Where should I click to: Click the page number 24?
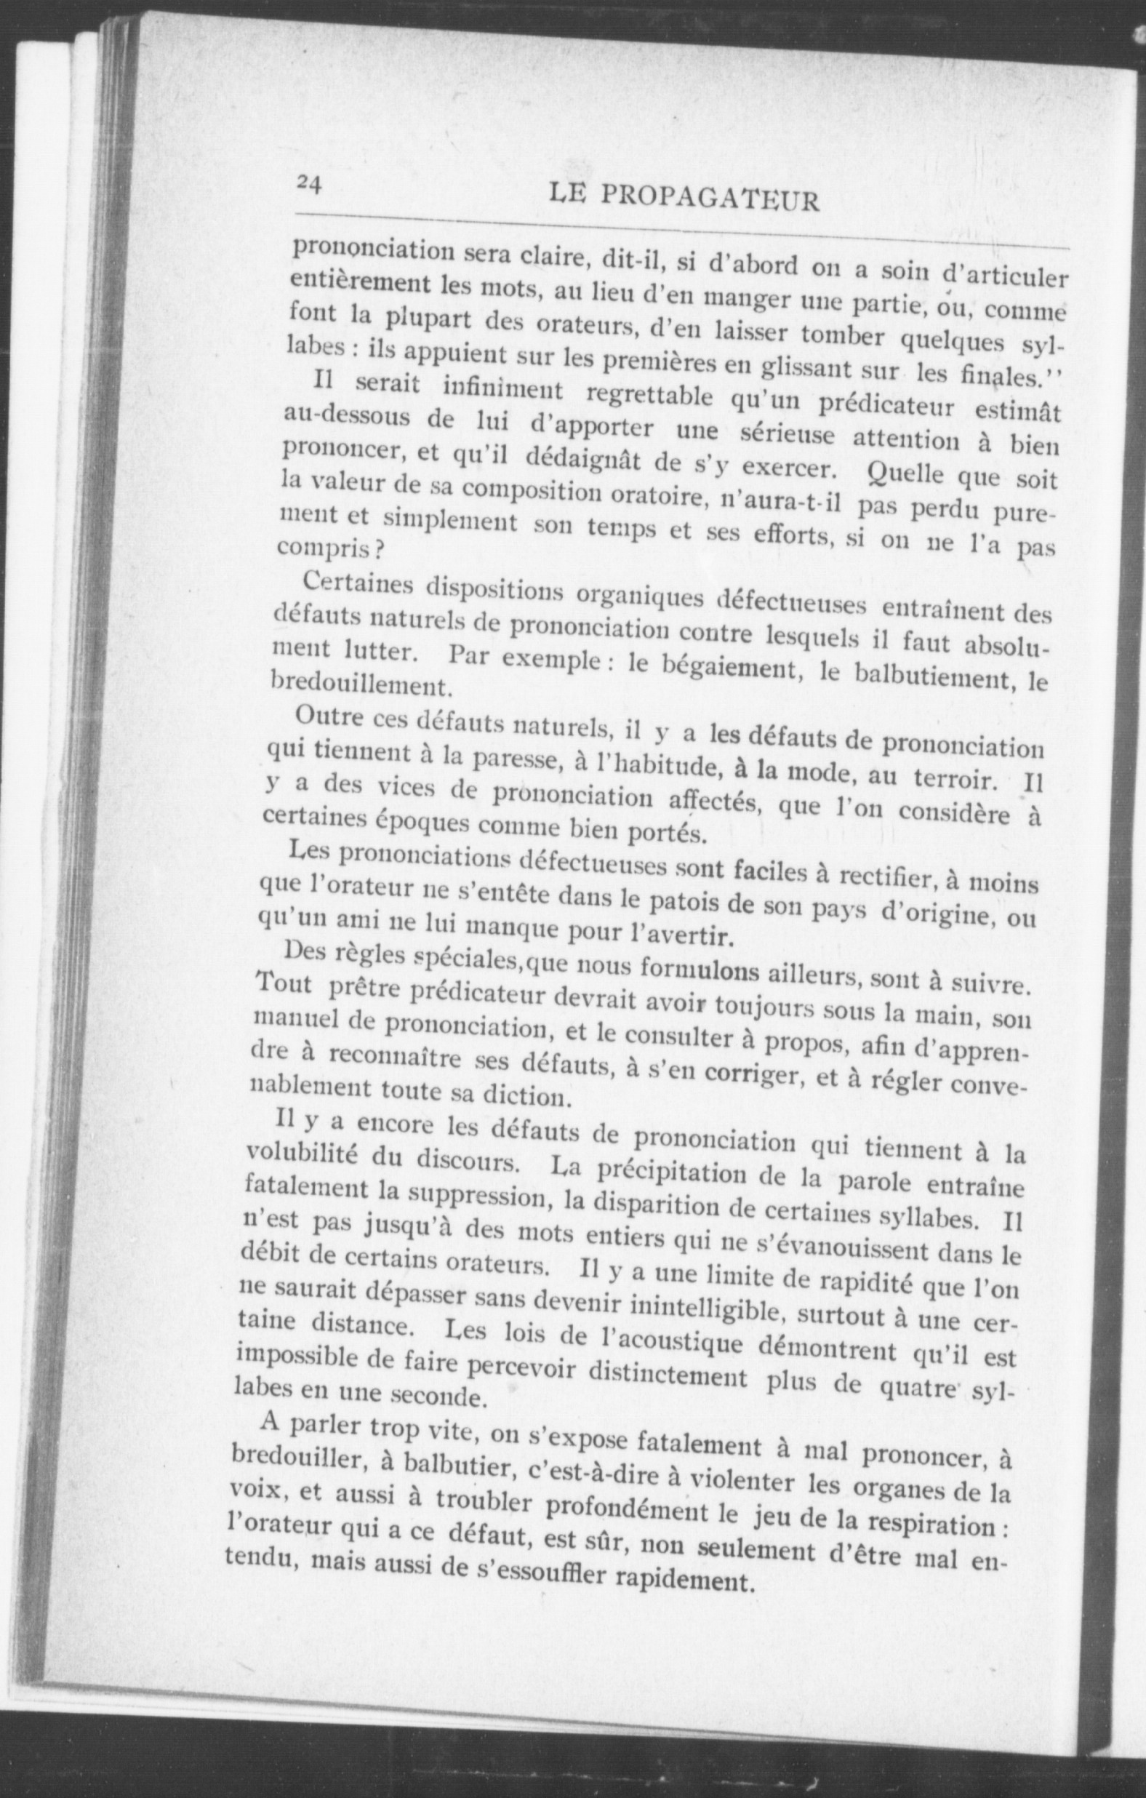coord(308,183)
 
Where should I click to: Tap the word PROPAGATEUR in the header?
coord(709,200)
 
